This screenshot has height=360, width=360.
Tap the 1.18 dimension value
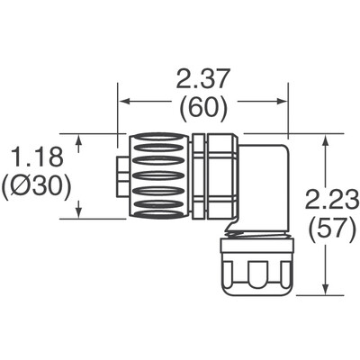[x=40, y=160]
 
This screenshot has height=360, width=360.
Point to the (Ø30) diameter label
[x=40, y=190]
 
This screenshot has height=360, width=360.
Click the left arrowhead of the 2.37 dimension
[x=124, y=100]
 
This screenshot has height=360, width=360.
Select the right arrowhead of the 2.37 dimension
[x=281, y=100]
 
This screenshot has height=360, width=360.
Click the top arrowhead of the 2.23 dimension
[x=324, y=139]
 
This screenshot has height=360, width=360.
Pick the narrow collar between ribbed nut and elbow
[x=200, y=175]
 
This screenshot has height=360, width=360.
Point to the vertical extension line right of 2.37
[x=287, y=108]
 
